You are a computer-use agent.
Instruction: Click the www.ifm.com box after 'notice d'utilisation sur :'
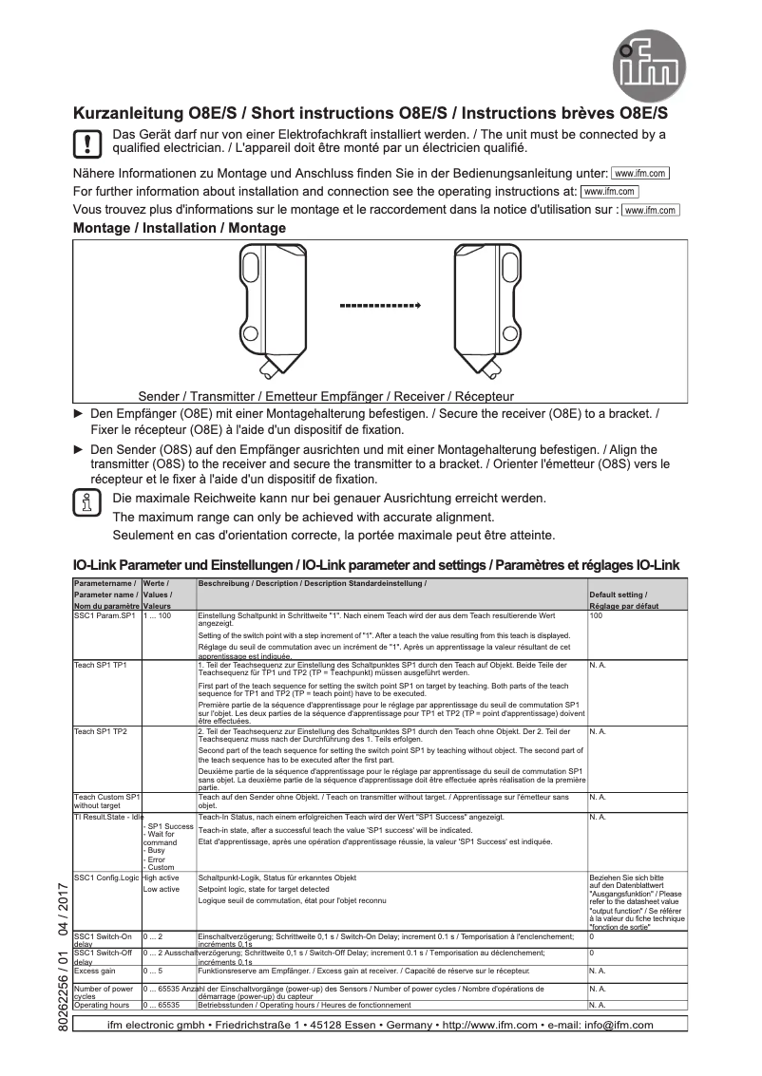651,211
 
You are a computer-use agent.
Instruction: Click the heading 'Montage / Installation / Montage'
180,229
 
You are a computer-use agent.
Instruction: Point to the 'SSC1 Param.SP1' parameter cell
105,617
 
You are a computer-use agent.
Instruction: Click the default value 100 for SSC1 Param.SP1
596,617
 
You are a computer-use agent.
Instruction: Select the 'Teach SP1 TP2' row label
101,732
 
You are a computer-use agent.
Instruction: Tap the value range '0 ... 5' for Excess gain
153,973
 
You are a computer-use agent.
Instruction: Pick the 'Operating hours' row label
102,1004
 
